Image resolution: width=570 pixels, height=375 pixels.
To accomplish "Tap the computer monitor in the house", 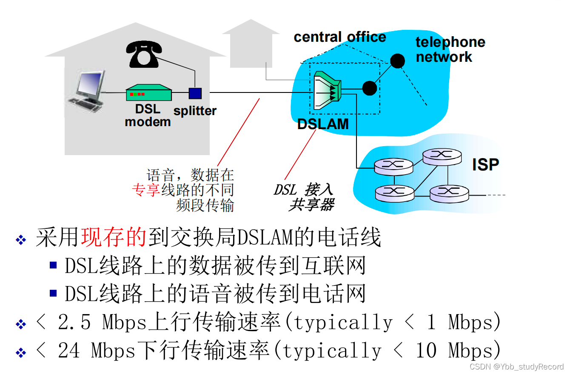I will [90, 85].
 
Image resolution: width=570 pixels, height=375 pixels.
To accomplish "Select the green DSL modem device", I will [148, 92].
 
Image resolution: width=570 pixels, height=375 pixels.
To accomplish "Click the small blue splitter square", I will [195, 93].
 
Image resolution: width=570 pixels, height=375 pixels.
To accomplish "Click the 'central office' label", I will [339, 37].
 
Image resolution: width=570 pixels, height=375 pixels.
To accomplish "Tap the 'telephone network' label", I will [450, 49].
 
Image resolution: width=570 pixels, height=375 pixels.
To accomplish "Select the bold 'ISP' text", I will [485, 164].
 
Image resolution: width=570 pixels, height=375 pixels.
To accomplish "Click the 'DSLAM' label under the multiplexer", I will [323, 124].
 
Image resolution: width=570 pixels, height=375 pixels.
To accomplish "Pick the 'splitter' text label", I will [195, 111].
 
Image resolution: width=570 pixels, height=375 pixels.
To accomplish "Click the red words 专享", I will [146, 190].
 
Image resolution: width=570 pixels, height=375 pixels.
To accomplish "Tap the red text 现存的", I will [114, 238].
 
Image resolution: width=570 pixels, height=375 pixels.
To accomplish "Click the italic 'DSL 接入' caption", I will [303, 190].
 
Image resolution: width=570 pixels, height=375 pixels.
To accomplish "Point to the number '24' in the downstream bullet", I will [69, 351].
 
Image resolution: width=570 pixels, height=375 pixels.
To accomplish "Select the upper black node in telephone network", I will [397, 61].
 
